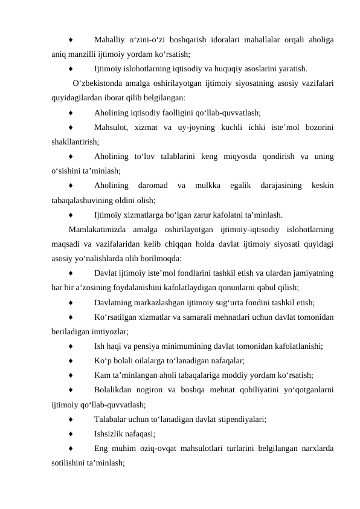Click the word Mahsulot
pyautogui.click(x=111, y=127)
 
